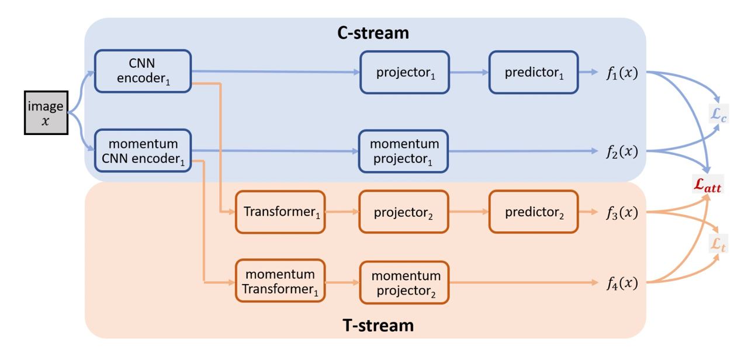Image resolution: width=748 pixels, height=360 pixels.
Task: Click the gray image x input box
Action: (x=46, y=113)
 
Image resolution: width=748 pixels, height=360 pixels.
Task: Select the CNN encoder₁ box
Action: (x=143, y=71)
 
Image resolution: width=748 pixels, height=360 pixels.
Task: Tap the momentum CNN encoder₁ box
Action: (x=143, y=151)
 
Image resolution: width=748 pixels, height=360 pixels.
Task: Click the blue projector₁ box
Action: (x=405, y=72)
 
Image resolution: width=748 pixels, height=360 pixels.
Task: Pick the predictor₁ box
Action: (x=534, y=72)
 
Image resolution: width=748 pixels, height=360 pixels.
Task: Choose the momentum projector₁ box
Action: (x=403, y=151)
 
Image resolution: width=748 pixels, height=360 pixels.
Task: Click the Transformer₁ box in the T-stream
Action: (x=280, y=212)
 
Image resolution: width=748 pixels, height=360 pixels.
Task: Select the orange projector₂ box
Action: (x=403, y=212)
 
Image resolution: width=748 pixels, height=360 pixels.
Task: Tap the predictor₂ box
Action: (x=534, y=212)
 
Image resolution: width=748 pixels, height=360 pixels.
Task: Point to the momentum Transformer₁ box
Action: (x=280, y=281)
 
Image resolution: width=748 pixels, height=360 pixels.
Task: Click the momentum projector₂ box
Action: (x=404, y=282)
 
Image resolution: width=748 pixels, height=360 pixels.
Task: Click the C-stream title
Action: (x=373, y=33)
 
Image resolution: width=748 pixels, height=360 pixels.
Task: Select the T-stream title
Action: (x=378, y=326)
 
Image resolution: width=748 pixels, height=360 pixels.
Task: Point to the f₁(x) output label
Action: (x=622, y=73)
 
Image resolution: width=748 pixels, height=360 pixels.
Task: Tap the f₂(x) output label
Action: (x=622, y=152)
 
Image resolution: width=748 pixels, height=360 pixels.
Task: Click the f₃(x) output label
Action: (x=622, y=213)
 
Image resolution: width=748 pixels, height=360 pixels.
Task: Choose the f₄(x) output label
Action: (x=622, y=283)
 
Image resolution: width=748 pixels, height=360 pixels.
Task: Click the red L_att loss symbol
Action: (x=708, y=184)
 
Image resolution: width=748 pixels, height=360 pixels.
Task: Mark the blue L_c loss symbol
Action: (x=718, y=114)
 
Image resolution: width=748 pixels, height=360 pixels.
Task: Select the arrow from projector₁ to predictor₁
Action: (x=469, y=72)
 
